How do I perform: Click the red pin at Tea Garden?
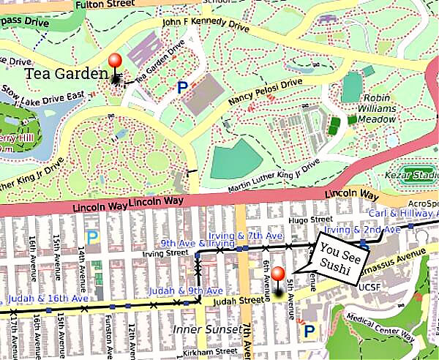point(114,62)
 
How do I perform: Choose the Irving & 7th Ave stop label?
point(254,236)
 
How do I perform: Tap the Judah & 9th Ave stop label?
point(176,290)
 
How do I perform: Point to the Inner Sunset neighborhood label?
point(206,329)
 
